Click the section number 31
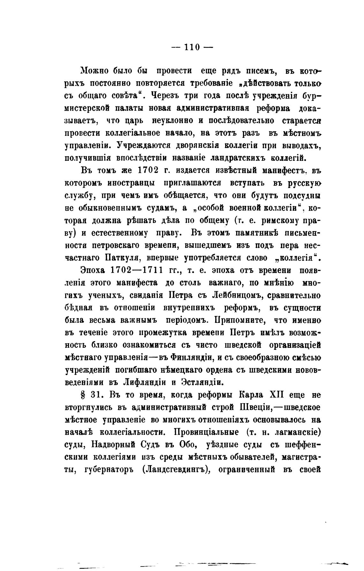(x=95, y=395)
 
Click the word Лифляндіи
(x=149, y=382)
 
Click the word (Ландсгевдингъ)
(x=178, y=470)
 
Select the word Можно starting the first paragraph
(x=93, y=71)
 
